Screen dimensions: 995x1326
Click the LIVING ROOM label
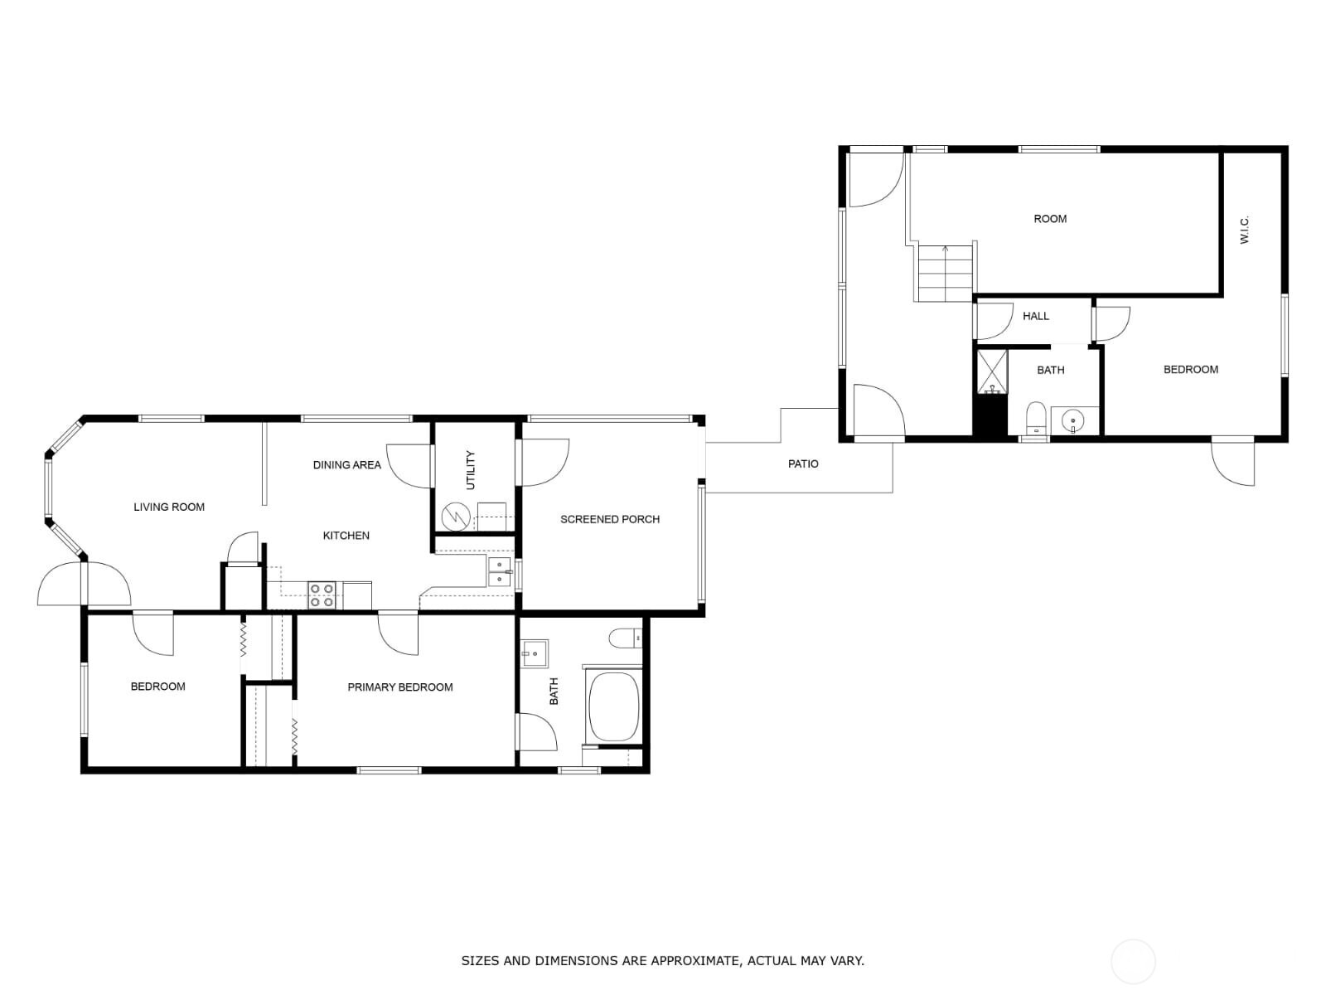click(x=169, y=507)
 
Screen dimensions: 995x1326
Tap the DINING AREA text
click(x=346, y=465)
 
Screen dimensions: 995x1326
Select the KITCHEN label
click(x=346, y=536)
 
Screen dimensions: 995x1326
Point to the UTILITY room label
click(x=471, y=470)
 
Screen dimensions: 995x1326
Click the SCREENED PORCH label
click(x=610, y=519)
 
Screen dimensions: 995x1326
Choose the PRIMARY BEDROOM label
click(x=399, y=687)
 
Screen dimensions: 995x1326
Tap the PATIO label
click(x=803, y=464)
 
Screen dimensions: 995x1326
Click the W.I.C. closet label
click(x=1245, y=230)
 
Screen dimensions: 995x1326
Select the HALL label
click(x=1036, y=316)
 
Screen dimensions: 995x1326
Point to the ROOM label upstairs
click(x=1050, y=219)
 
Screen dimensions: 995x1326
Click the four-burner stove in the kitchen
click(x=322, y=595)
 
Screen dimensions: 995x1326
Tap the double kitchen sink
click(x=499, y=571)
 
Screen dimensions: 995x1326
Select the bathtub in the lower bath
click(x=613, y=707)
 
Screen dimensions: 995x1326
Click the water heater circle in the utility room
click(x=456, y=517)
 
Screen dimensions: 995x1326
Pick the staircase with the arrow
click(x=944, y=274)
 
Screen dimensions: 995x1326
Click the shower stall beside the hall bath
click(x=992, y=371)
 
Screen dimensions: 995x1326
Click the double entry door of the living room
click(x=85, y=584)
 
